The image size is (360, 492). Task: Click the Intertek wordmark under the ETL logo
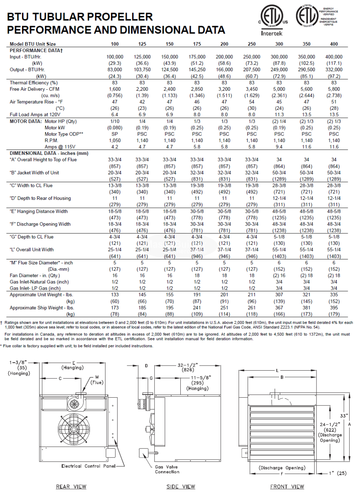(271, 33)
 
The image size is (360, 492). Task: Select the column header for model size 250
(252, 44)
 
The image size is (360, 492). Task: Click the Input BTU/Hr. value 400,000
(334, 57)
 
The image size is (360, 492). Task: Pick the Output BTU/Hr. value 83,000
(115, 70)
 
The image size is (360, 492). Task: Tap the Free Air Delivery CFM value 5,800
(334, 89)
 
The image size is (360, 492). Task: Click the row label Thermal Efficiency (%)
(33, 82)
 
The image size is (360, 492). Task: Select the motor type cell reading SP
(115, 134)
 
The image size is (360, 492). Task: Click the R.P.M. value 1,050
(115, 140)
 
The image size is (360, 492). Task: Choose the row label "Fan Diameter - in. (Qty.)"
(35, 276)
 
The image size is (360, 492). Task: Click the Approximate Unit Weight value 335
(334, 295)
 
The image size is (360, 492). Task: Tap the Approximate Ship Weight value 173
(115, 308)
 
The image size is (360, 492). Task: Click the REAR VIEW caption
(71, 487)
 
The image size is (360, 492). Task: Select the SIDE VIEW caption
(181, 487)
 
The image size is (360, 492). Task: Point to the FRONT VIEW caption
(287, 487)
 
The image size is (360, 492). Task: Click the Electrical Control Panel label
(88, 466)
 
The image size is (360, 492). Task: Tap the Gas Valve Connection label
(167, 469)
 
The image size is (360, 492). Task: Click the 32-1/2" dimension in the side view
(188, 365)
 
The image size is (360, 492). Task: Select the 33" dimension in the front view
(344, 416)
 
